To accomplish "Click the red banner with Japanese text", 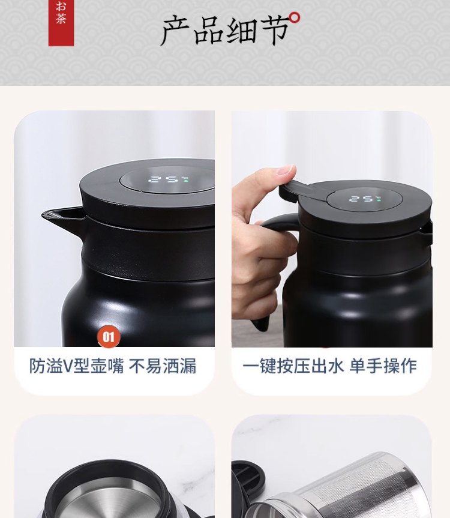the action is pos(61,23).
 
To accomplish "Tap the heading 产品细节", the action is pos(225,31).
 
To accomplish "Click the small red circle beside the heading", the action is pos(295,18).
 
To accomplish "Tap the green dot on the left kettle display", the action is pos(186,181).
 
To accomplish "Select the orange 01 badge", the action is pos(109,337).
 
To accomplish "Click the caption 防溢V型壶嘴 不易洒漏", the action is pos(113,366).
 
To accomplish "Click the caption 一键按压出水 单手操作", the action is pos(329,366).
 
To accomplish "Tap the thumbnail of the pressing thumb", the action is pos(286,170).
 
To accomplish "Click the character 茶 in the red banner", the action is pos(61,19).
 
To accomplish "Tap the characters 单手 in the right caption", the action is pos(366,366).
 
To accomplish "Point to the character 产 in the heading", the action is pos(175,31).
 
